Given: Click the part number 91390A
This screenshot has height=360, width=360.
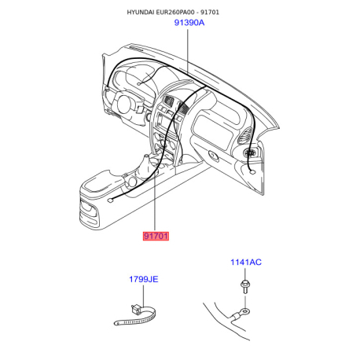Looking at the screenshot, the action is coord(189,23).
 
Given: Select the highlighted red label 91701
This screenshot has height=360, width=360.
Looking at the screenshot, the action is coord(156,236).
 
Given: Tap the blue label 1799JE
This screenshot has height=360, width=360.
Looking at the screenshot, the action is coord(144,279).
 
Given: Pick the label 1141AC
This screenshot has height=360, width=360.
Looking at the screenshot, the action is coord(246,262).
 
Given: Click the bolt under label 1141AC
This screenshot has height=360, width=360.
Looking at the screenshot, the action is coord(244,286).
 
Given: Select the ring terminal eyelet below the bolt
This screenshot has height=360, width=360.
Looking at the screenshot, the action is coord(245,311).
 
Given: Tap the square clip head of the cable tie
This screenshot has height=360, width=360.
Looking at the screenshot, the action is coord(136,309).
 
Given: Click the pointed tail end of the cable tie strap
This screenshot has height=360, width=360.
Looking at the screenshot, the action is coord(116,323).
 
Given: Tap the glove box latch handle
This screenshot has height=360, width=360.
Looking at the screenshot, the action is coord(214,156).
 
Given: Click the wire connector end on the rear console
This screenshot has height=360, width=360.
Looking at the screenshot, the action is coord(110,200).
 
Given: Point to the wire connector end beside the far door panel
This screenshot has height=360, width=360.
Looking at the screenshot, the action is coord(252,172).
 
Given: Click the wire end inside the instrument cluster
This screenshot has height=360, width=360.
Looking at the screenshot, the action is coord(139,84).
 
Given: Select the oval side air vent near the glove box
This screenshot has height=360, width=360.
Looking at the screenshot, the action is coord(245,136).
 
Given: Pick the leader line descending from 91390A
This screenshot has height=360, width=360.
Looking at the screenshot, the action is coord(188,51).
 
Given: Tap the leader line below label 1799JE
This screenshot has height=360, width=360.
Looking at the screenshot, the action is coord(143,296).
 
